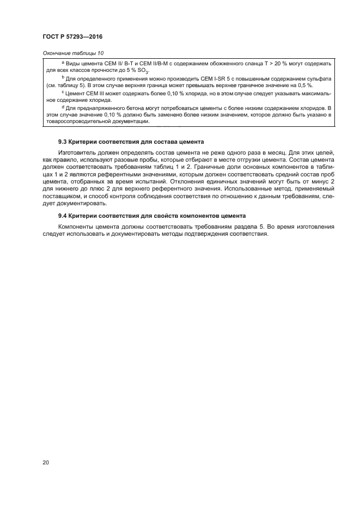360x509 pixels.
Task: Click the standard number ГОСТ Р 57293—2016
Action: point(72,36)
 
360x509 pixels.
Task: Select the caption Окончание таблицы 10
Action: point(72,53)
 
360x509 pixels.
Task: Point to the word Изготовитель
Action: point(76,154)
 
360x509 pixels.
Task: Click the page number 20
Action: point(46,463)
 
